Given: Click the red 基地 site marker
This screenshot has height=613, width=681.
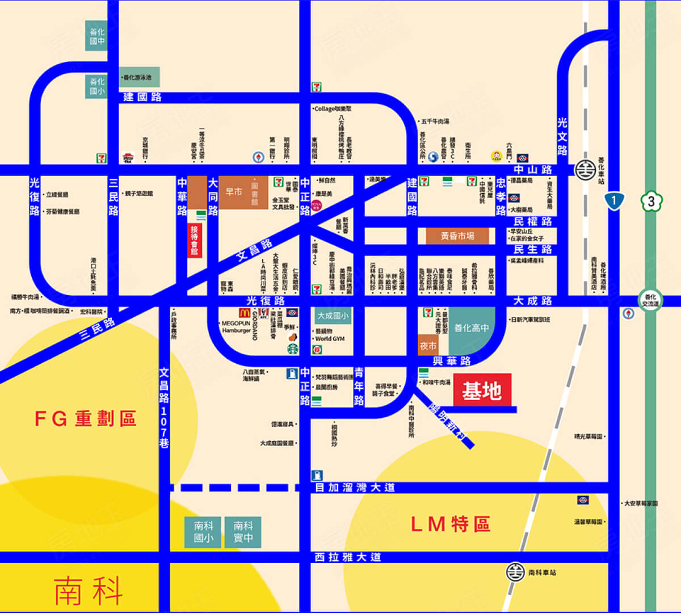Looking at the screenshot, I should click(482, 390).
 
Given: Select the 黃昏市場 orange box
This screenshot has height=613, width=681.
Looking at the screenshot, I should click(457, 236).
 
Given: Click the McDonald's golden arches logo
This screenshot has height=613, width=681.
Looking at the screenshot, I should click(245, 313).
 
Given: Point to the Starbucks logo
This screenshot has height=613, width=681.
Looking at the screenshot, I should click(293, 348).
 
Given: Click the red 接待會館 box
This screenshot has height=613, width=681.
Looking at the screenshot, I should click(195, 240).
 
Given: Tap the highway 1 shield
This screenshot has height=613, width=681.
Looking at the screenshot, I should click(614, 200).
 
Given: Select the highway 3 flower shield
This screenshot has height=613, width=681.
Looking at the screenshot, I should click(651, 201).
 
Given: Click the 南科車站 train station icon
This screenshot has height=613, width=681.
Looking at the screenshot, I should click(515, 572).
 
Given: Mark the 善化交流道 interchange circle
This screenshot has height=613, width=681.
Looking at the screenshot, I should click(650, 299).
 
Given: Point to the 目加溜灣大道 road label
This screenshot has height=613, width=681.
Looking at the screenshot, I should click(355, 488).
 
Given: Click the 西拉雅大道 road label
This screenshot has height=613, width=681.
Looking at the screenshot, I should click(347, 557).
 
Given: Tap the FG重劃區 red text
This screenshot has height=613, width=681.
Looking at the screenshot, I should click(86, 419).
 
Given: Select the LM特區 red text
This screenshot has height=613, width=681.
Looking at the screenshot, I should click(450, 524).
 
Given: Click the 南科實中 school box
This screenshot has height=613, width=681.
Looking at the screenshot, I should click(243, 532).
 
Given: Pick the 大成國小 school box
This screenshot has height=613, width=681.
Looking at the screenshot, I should click(333, 316).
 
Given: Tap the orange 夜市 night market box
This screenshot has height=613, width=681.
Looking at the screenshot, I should click(428, 346).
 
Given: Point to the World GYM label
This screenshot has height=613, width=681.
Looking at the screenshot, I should click(330, 339).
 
